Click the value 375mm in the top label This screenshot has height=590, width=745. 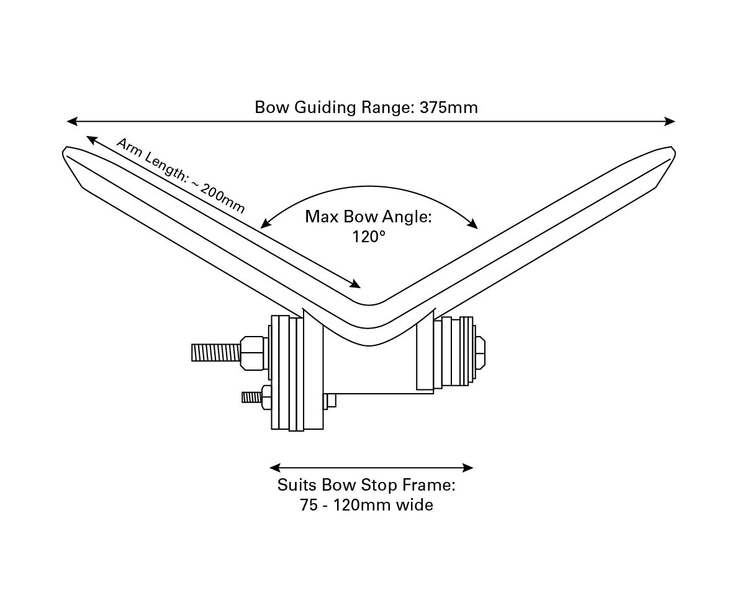(x=448, y=107)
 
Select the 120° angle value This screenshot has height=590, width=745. (x=368, y=237)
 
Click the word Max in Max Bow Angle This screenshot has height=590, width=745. (x=321, y=217)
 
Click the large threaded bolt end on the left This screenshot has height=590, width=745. (x=214, y=353)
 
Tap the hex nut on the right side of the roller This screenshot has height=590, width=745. (x=479, y=352)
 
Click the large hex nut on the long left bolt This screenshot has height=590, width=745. (x=253, y=353)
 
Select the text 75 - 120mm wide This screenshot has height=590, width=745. (x=366, y=505)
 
